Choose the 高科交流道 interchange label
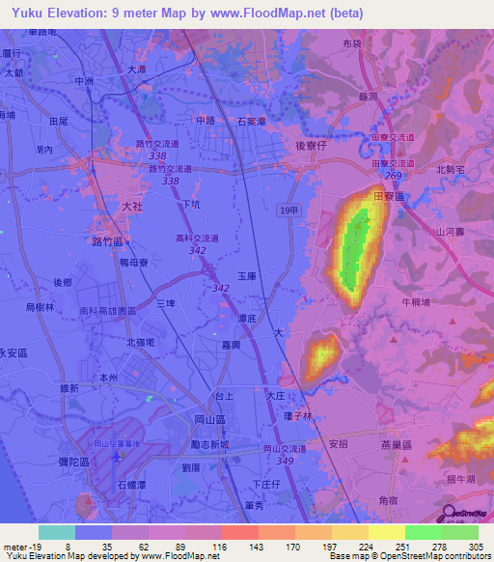197,238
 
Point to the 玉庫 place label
246,275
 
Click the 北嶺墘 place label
143,343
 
